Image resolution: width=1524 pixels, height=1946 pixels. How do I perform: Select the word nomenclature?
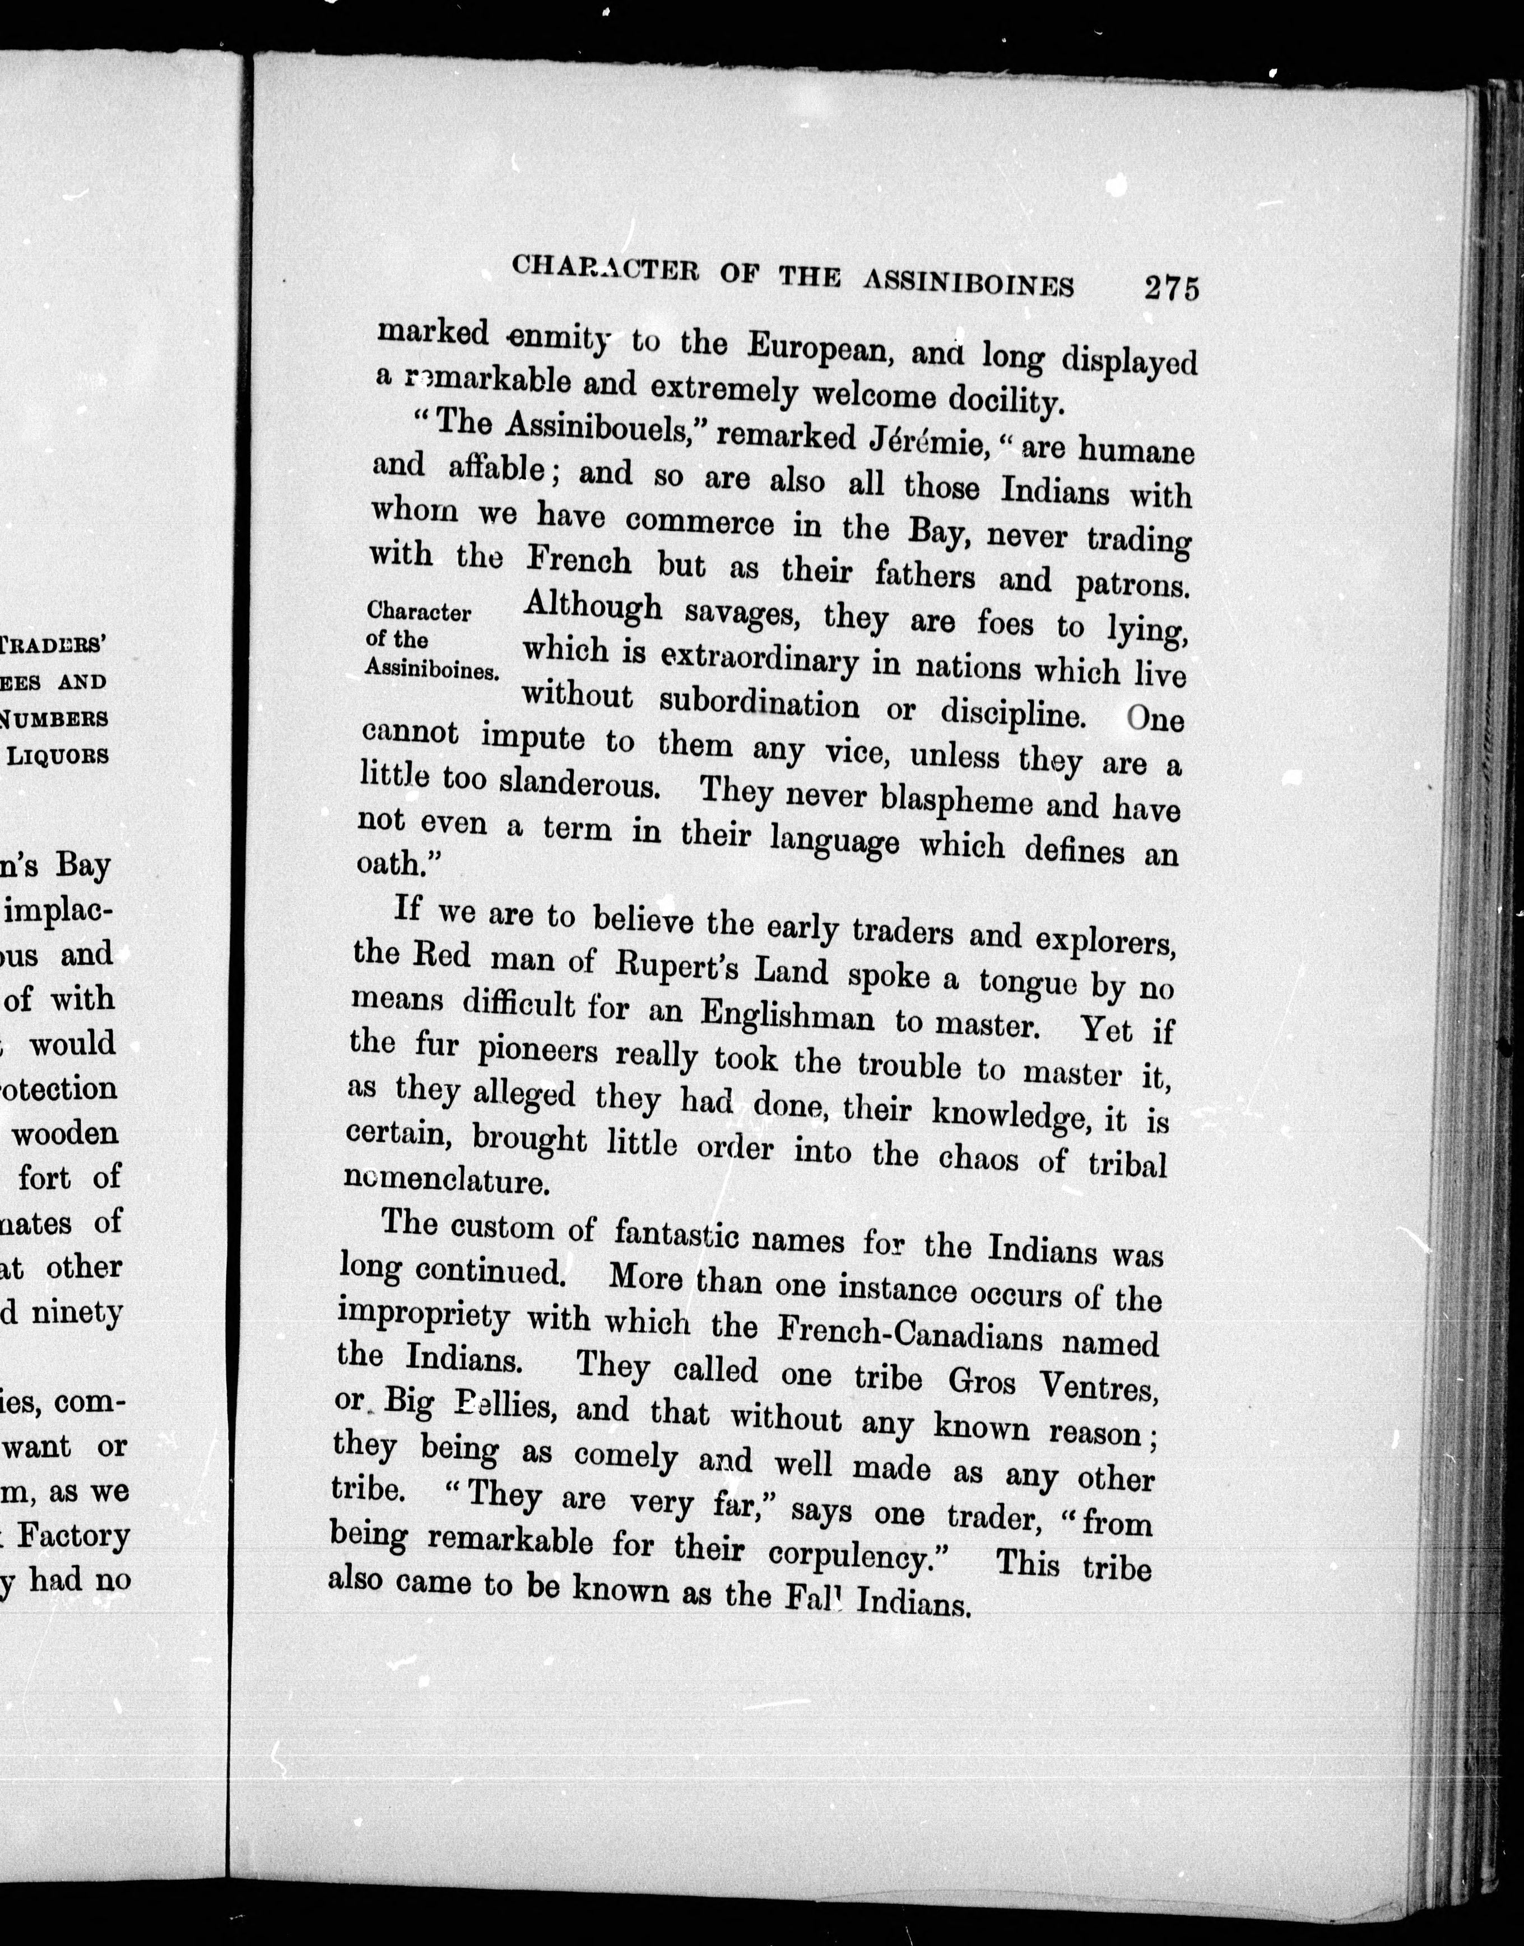point(445,1180)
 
